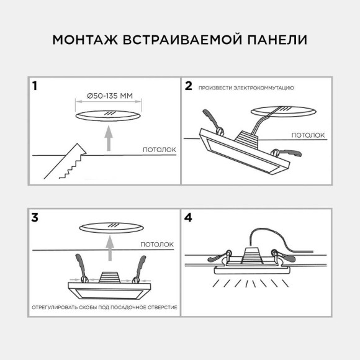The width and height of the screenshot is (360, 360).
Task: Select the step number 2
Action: point(189,86)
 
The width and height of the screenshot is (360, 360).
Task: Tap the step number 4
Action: point(189,217)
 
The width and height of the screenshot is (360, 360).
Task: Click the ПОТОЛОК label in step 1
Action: point(160,150)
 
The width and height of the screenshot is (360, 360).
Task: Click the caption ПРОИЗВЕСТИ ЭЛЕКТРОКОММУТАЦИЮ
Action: point(246,88)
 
